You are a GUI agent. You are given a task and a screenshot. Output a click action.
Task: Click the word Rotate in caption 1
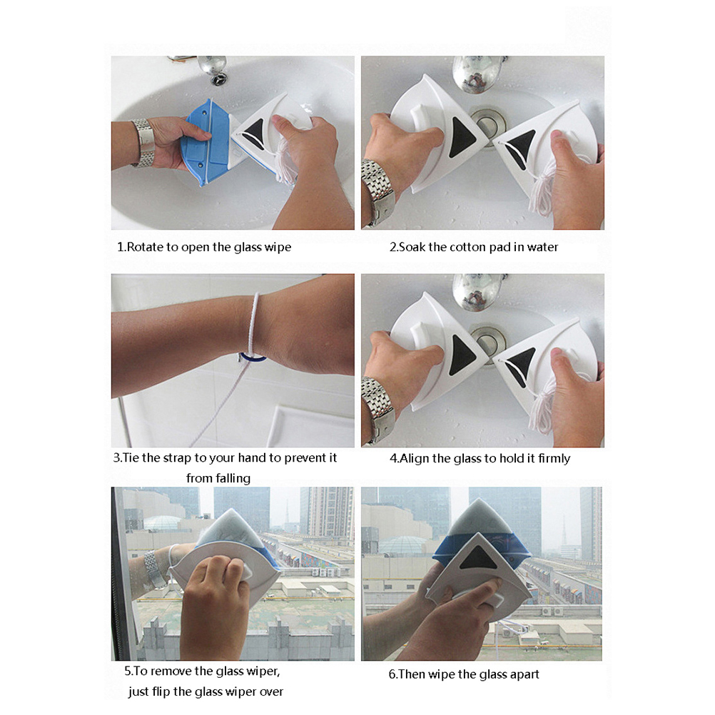[145, 247]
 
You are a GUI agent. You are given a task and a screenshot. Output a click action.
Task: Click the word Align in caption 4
[414, 458]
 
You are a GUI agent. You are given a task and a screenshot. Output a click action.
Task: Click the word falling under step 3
[218, 478]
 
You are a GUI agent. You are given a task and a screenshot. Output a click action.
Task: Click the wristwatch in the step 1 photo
[143, 142]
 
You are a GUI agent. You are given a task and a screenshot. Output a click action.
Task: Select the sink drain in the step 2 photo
[489, 126]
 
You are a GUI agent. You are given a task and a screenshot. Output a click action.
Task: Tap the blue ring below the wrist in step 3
[253, 357]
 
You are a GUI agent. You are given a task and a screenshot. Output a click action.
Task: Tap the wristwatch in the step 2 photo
[378, 191]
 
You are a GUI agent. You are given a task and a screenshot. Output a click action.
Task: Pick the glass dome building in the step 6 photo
[404, 544]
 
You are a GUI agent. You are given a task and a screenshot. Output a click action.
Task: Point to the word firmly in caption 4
[554, 458]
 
